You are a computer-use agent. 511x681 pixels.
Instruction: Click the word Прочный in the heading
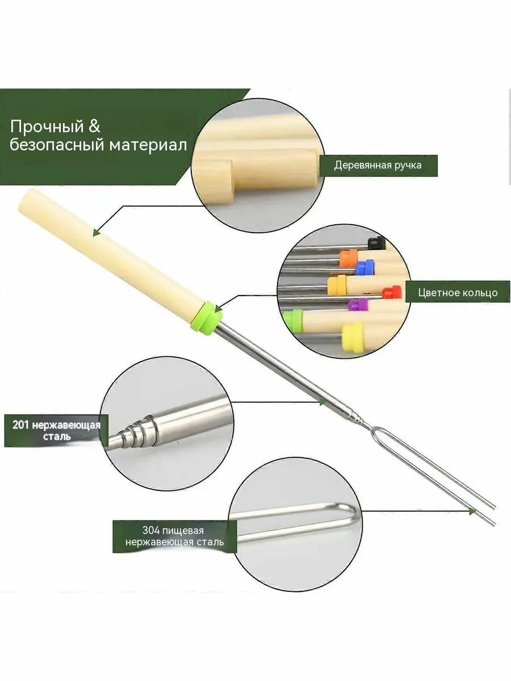[47, 127]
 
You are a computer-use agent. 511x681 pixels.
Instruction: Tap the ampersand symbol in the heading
[94, 127]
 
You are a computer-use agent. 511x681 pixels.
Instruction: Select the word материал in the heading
[148, 145]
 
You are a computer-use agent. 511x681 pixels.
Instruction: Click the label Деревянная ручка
[378, 165]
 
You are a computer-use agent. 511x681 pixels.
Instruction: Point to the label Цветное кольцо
[458, 292]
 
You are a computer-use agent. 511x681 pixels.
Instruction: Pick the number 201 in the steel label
[21, 424]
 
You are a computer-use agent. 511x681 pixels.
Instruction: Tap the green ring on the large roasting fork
[207, 317]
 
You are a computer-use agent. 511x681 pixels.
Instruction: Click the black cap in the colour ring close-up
[376, 242]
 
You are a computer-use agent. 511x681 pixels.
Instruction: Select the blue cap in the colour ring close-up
[366, 267]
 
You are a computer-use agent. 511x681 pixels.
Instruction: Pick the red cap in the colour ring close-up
[392, 292]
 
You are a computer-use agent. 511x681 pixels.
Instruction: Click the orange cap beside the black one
[349, 258]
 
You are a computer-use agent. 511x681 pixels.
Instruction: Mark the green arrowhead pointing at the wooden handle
[96, 232]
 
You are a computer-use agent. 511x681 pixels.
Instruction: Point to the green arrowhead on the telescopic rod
[322, 402]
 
